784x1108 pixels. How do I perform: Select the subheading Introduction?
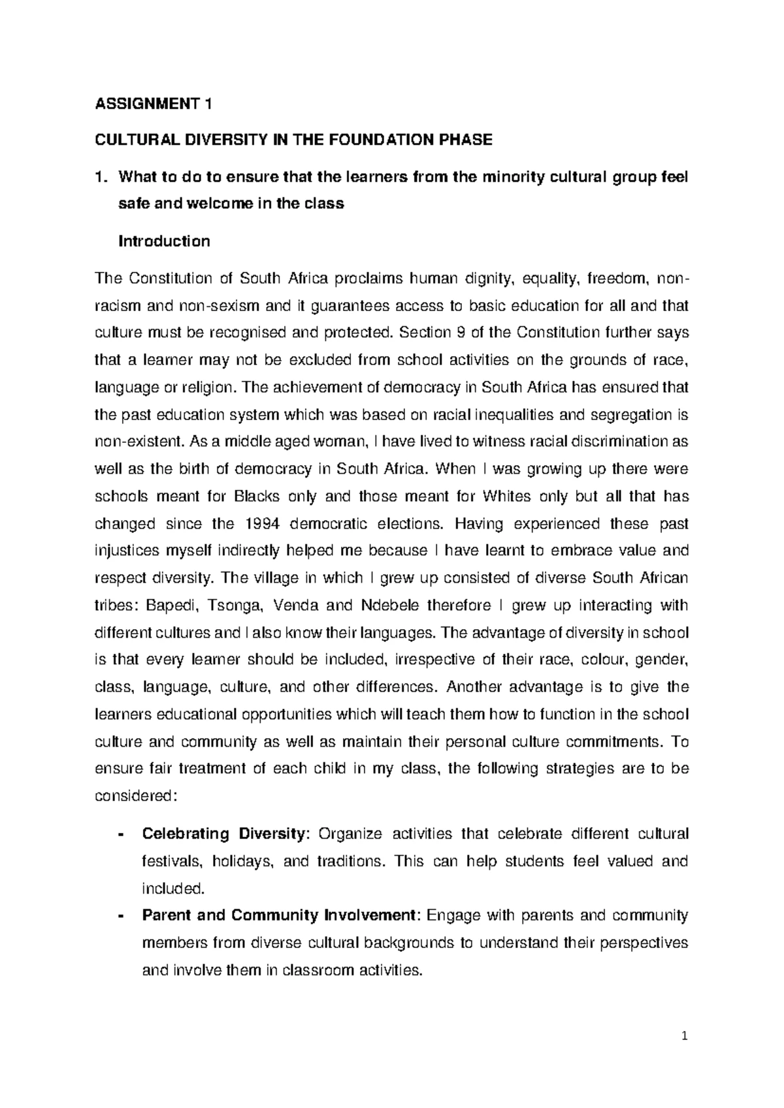(163, 242)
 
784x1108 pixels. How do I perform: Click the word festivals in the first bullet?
(171, 861)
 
